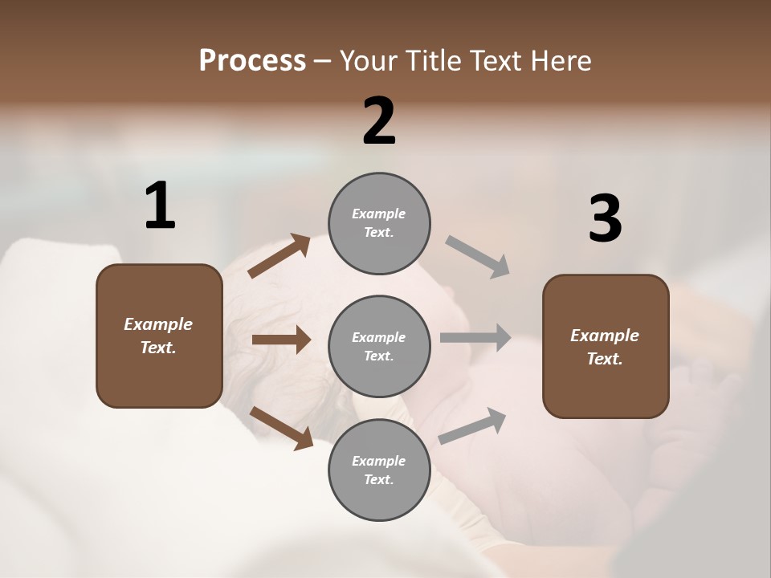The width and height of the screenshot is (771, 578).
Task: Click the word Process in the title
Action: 252,60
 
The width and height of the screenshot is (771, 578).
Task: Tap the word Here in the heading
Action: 557,60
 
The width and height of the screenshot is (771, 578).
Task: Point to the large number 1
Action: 160,206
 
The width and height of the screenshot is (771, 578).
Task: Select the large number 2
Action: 379,121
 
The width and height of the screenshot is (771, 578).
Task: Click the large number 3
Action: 605,219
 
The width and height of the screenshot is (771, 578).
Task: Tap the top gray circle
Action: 379,223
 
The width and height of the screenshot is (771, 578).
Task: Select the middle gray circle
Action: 379,346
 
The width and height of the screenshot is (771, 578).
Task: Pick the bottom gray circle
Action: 379,470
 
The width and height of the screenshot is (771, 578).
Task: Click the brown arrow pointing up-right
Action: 279,256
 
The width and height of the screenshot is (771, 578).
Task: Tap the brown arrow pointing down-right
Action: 282,427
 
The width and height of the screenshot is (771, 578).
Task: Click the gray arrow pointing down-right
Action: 478,257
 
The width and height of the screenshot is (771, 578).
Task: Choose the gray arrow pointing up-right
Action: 472,425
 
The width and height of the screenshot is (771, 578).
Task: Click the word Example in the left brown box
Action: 158,324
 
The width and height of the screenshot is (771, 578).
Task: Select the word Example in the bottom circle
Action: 378,461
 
